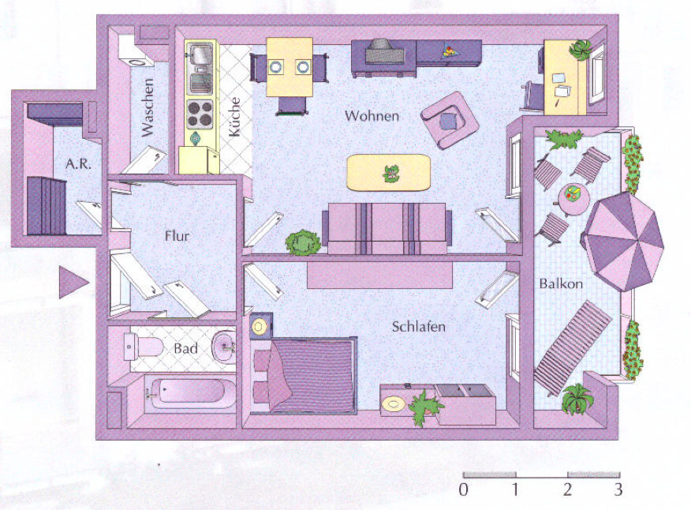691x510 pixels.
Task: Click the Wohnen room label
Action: [372, 116]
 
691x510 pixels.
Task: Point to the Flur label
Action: [178, 234]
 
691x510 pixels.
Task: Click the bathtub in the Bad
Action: [189, 392]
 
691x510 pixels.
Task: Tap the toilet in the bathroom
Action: [144, 346]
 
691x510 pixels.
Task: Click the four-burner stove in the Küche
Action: [200, 114]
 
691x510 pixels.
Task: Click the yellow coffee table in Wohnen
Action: [389, 172]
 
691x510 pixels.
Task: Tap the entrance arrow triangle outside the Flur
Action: [71, 283]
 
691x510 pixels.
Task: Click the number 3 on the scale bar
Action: [618, 489]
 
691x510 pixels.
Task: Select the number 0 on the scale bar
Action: [463, 489]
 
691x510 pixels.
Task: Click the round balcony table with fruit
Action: [573, 194]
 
